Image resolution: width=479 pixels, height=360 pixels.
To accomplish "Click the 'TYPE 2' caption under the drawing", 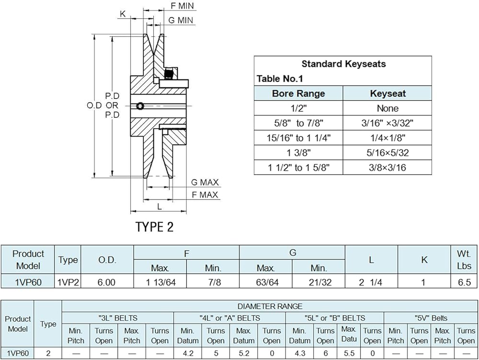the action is [x=154, y=227].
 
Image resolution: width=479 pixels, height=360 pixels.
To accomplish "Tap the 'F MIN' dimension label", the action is [x=182, y=6].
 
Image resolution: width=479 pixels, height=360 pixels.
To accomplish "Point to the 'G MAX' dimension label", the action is [x=205, y=183].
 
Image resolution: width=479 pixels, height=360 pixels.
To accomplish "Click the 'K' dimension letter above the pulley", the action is [x=123, y=14].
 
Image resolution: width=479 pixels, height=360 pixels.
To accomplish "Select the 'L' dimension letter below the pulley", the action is [x=159, y=207].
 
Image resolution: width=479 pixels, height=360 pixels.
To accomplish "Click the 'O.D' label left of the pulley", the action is [x=94, y=105].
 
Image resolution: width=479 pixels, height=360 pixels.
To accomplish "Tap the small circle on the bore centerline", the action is [x=140, y=106].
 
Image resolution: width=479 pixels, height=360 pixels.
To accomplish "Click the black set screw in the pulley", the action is [x=169, y=74].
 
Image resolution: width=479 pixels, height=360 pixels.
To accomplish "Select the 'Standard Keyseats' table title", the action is [x=343, y=64].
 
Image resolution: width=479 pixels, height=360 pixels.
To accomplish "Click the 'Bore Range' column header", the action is [x=298, y=93].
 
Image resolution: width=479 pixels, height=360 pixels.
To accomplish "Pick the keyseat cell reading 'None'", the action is [x=388, y=108].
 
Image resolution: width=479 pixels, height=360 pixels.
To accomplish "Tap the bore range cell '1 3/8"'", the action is [x=298, y=153].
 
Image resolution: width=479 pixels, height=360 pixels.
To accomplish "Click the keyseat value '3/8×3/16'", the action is [x=388, y=167].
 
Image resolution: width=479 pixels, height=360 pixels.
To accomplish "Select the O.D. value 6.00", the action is [x=106, y=282].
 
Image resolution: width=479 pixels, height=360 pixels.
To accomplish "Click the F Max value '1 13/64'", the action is [x=160, y=282].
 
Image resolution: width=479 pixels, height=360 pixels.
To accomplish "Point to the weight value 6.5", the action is [x=464, y=282].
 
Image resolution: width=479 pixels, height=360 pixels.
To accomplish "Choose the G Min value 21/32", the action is [x=320, y=282].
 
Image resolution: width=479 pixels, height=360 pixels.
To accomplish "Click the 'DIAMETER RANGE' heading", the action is [x=270, y=306].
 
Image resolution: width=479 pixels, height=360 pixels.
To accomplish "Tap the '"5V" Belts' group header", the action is [x=431, y=318].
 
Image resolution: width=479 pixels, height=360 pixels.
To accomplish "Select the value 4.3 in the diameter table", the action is [x=300, y=354].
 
